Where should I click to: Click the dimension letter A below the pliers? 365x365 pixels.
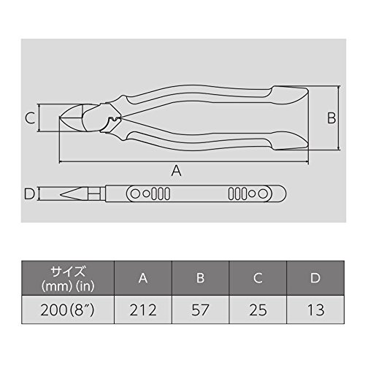[x=176, y=170]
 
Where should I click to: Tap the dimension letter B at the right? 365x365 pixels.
[x=331, y=118]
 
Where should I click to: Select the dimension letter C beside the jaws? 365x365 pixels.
[x=30, y=118]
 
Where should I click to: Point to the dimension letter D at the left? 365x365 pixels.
[x=30, y=194]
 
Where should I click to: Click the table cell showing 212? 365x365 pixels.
[x=143, y=310]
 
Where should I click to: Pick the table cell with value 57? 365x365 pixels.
[x=200, y=310]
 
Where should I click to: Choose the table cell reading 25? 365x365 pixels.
[x=258, y=310]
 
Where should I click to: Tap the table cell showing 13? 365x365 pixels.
[x=315, y=310]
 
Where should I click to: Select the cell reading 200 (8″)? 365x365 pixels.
[x=68, y=310]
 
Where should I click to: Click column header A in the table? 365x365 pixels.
[x=143, y=278]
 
